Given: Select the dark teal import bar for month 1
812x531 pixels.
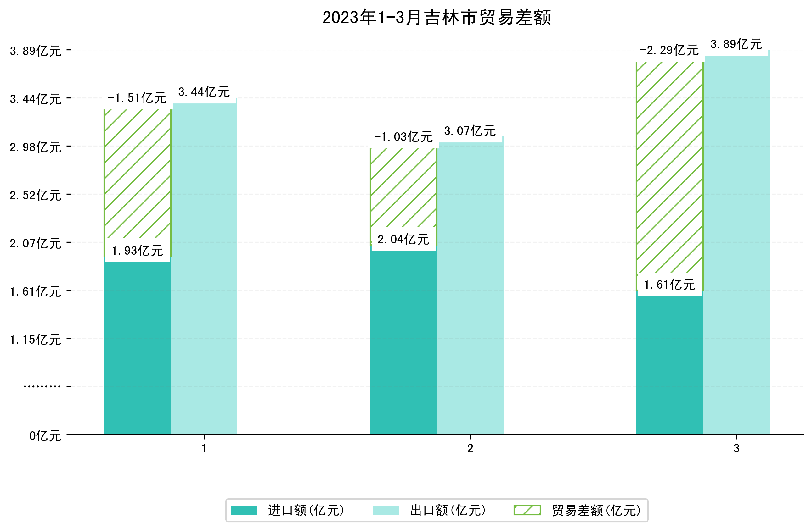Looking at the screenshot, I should (x=137, y=348).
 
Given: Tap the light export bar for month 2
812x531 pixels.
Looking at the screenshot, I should (x=470, y=290).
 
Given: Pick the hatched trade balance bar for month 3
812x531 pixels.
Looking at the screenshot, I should (x=669, y=167).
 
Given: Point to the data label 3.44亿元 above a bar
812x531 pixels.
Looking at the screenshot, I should (x=204, y=92).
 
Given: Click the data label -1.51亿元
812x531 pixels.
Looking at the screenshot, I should (x=137, y=98).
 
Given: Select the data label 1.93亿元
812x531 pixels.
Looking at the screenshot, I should (x=137, y=251).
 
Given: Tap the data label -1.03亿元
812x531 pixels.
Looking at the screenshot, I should (x=403, y=137).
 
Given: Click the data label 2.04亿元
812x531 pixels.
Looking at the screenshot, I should (x=403, y=240).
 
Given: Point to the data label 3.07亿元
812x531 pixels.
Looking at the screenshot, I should (x=470, y=131).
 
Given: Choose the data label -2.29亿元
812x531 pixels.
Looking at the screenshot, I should (x=669, y=50).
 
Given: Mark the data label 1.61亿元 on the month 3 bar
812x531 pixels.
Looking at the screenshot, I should (x=669, y=285).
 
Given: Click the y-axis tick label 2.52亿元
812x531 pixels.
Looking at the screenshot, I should (x=36, y=195).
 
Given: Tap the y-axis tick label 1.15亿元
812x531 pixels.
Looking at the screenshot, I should (x=36, y=340).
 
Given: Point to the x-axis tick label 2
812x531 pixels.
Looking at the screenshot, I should (x=470, y=449).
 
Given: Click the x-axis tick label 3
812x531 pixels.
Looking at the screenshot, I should (x=736, y=449).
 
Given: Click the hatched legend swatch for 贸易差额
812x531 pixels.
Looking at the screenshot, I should (x=527, y=510).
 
